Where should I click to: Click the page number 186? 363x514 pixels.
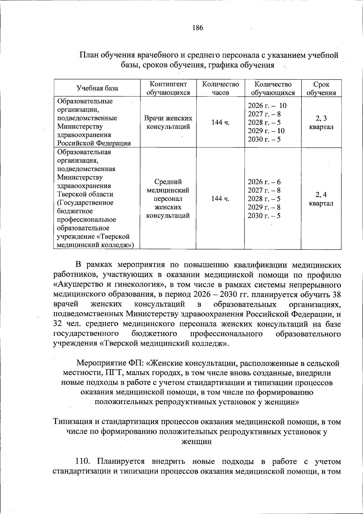click(198, 28)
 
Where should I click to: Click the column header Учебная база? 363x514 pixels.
click(97, 88)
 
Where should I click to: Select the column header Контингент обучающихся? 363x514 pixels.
click(168, 88)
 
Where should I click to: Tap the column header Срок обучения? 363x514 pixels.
click(321, 88)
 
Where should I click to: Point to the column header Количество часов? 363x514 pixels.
click(220, 88)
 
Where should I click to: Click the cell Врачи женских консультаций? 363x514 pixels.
click(168, 122)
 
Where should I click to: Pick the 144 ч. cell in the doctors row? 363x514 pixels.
click(220, 122)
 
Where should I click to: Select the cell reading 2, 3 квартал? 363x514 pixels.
click(321, 122)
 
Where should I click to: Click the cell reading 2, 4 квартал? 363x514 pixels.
click(321, 199)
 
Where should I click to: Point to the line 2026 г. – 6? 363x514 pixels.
click(264, 182)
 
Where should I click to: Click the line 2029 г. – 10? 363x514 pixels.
click(266, 131)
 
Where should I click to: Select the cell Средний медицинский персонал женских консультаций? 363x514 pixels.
click(168, 199)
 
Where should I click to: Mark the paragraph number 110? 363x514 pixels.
click(82, 461)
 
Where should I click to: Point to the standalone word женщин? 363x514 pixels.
click(196, 441)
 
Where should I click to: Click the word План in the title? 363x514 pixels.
click(88, 55)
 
